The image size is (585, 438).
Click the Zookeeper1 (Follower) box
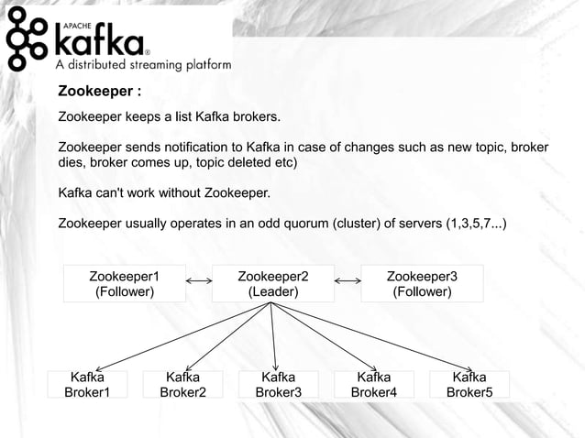125,283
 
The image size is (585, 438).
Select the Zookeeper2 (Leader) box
273,283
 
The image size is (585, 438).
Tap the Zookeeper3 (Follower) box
422,283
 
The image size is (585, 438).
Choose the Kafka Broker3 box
278,384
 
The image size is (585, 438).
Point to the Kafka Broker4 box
373,384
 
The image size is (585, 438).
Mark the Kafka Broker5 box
469,384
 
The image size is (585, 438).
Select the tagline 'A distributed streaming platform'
145,65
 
